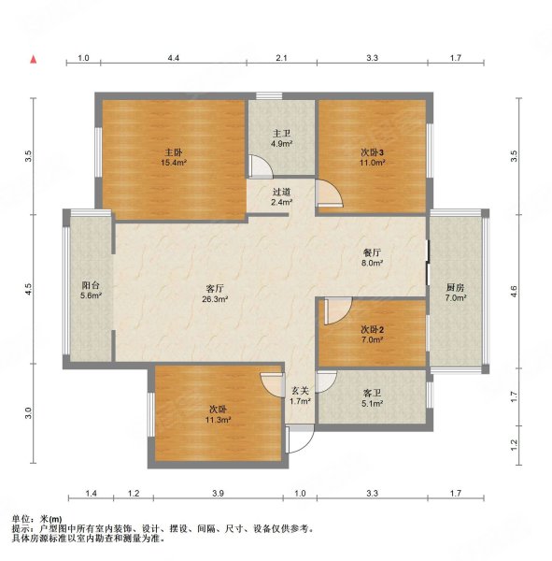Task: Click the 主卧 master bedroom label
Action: tap(173, 150)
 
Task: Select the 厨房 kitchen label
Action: tap(455, 287)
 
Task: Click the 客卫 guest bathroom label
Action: tap(372, 393)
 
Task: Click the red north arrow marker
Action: tap(34, 61)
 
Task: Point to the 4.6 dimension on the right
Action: tap(513, 292)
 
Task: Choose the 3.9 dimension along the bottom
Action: tap(218, 493)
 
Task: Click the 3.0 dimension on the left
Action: tap(29, 411)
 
